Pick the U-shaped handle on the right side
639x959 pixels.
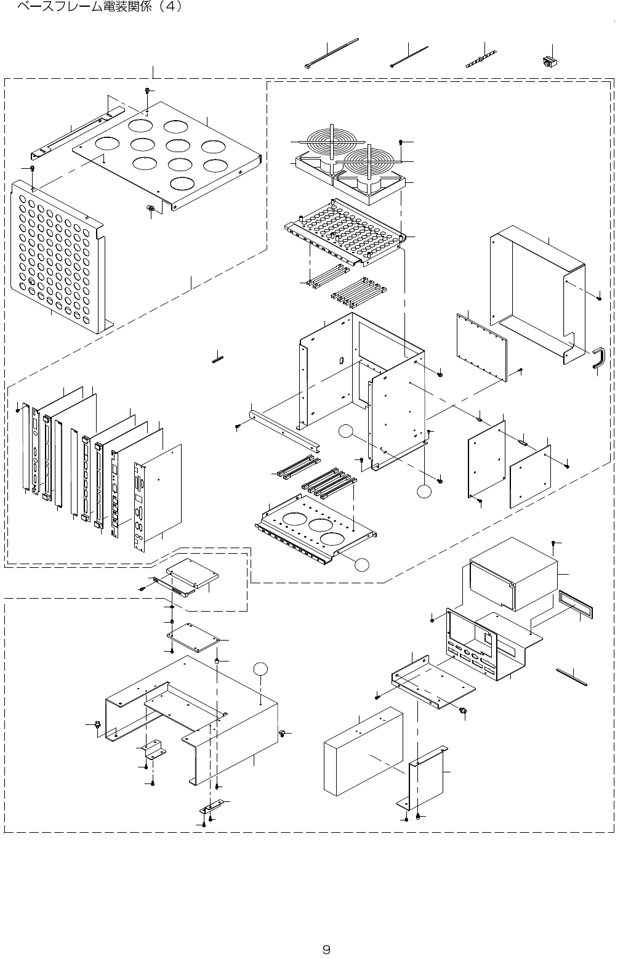click(x=599, y=359)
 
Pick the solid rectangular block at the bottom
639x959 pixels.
click(x=363, y=751)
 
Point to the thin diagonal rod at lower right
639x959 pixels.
click(x=572, y=676)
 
